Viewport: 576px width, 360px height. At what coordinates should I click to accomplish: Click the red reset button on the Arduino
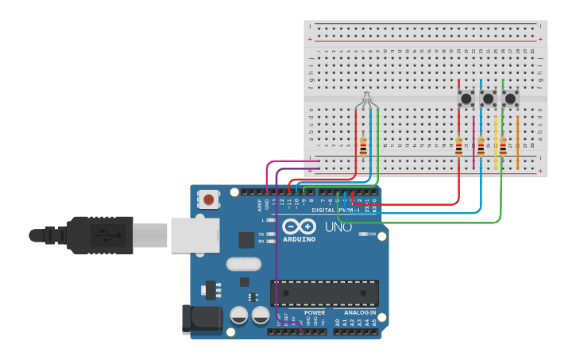tap(209, 199)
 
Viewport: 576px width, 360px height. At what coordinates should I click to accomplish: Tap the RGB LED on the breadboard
tap(365, 101)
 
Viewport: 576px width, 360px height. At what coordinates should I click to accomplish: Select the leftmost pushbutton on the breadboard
tap(466, 99)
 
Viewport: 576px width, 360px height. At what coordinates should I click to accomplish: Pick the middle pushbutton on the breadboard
tap(489, 99)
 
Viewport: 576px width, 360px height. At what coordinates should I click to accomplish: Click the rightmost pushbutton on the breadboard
tap(511, 99)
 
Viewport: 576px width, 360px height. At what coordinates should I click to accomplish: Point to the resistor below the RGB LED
tap(364, 147)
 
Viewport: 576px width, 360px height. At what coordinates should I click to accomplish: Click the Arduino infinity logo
tap(299, 226)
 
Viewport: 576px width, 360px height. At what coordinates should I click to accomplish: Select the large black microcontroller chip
tap(324, 292)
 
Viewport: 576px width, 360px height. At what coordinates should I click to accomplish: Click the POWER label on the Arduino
tap(315, 312)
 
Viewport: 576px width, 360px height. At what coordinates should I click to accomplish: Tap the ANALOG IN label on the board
tap(359, 312)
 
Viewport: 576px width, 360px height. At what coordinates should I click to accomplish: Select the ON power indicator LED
tap(364, 234)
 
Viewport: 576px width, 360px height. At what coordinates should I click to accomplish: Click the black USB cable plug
tap(87, 234)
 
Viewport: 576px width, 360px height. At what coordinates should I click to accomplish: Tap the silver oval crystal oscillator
tap(243, 264)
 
